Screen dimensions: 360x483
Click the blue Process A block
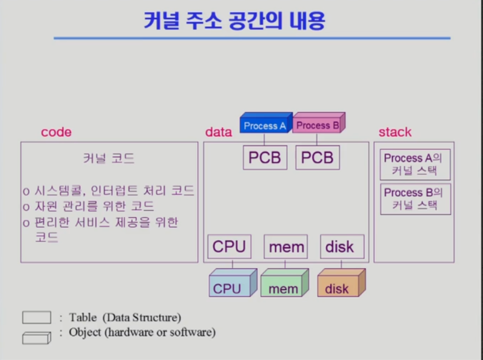pyautogui.click(x=265, y=125)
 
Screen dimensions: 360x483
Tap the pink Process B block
pyautogui.click(x=318, y=125)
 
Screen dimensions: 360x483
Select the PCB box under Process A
pyautogui.click(x=265, y=158)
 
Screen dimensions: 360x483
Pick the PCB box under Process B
pyautogui.click(x=318, y=158)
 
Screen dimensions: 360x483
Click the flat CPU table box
pyautogui.click(x=229, y=247)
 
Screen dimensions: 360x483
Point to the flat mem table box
pyautogui.click(x=286, y=247)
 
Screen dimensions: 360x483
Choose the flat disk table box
pyautogui.click(x=339, y=247)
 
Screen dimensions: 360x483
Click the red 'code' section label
pyautogui.click(x=56, y=132)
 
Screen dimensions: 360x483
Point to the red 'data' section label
pyautogui.click(x=219, y=132)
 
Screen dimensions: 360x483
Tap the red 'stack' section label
pyautogui.click(x=395, y=132)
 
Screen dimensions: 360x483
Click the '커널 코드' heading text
pyautogui.click(x=109, y=158)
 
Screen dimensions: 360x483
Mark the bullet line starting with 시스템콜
pyautogui.click(x=109, y=191)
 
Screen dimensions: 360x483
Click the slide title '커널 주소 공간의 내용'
pyautogui.click(x=235, y=21)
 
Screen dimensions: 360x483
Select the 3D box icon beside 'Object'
pyautogui.click(x=36, y=338)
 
